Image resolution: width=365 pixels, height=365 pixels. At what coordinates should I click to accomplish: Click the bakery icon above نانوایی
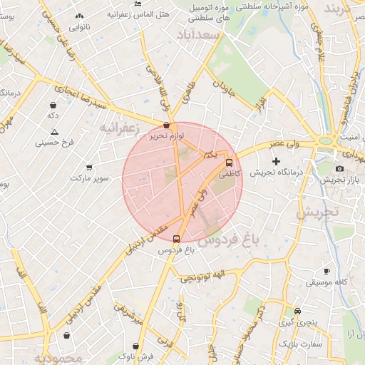click(78, 16)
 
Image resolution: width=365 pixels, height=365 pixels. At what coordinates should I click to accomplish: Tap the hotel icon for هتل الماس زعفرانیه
click(138, 4)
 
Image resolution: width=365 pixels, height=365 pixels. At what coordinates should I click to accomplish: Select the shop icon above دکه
click(53, 103)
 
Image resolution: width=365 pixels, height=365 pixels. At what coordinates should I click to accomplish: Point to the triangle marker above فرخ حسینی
click(55, 132)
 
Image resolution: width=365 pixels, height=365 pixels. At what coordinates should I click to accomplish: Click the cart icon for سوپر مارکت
click(89, 166)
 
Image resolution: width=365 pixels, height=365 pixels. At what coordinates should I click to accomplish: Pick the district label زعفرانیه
click(118, 129)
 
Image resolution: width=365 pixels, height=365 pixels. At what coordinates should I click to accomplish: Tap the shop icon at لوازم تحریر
click(166, 125)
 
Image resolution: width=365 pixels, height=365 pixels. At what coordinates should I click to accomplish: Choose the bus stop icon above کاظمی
click(229, 162)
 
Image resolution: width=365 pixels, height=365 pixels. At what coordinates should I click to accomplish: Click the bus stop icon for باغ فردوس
click(177, 240)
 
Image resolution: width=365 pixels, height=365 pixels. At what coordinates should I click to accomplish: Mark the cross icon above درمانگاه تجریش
click(277, 162)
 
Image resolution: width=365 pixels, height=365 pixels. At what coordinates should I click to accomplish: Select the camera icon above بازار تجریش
click(339, 169)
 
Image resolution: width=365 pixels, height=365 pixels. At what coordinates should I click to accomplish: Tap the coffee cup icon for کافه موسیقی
click(327, 272)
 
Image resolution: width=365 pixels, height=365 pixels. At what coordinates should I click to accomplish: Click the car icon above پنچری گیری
click(297, 311)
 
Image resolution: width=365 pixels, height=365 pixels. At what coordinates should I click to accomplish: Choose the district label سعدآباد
click(198, 35)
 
